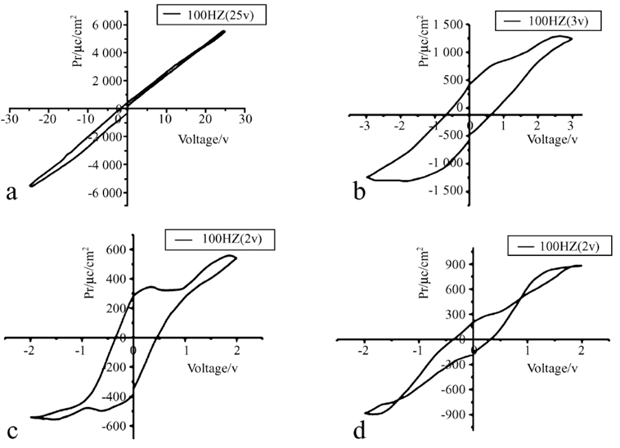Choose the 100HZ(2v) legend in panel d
click(555, 246)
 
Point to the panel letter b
click(360, 191)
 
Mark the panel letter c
click(11, 430)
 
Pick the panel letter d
click(360, 430)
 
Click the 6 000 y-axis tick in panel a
click(105, 25)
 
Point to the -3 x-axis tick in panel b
click(365, 126)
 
